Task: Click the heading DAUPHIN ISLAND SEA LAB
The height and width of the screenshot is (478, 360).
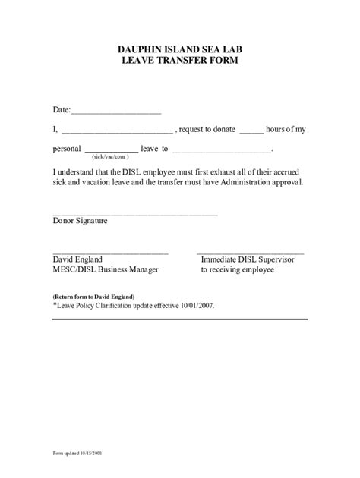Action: (180, 49)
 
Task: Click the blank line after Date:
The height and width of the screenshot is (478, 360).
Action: (115, 113)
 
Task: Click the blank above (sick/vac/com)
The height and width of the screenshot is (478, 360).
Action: (111, 151)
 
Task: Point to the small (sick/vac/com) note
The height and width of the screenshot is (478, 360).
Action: (111, 156)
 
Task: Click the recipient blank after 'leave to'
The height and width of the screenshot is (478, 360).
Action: (221, 151)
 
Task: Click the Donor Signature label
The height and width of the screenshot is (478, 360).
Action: (80, 221)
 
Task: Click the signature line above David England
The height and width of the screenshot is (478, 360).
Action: (110, 253)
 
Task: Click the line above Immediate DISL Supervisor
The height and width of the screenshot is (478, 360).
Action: (250, 253)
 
